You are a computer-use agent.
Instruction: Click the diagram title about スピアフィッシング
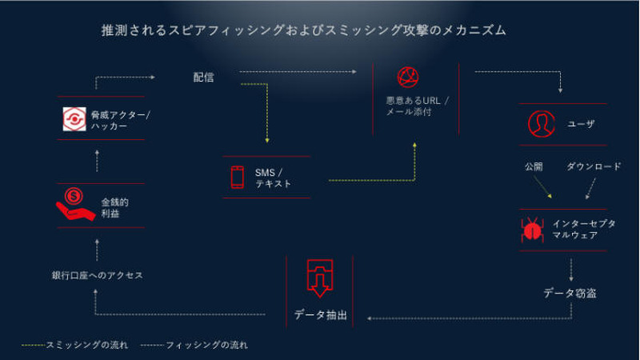[304, 30]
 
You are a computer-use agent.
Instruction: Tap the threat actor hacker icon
[74, 119]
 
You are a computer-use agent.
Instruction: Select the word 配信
[203, 77]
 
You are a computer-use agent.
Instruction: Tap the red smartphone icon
[237, 178]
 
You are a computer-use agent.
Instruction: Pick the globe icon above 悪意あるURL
[409, 78]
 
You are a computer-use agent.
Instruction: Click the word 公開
[534, 166]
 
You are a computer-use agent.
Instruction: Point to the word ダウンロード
[594, 166]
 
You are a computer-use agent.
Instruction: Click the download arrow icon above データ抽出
[319, 278]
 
